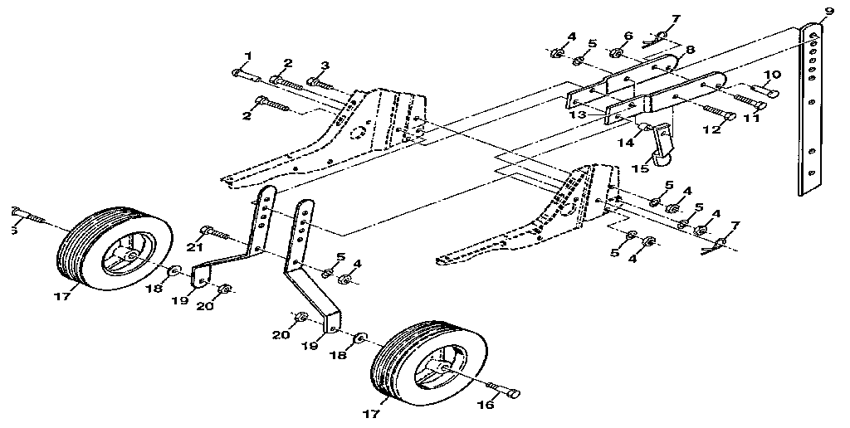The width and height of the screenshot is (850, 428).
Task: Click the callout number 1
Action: pyautogui.click(x=247, y=56)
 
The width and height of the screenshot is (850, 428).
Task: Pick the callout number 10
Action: pyautogui.click(x=772, y=75)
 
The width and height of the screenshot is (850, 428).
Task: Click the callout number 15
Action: pyautogui.click(x=639, y=168)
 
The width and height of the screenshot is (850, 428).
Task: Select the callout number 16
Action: pyautogui.click(x=487, y=405)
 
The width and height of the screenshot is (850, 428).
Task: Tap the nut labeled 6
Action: pyautogui.click(x=617, y=54)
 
